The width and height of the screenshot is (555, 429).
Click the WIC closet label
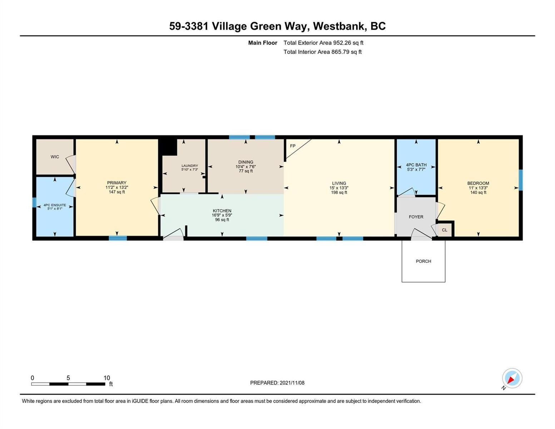click(x=55, y=157)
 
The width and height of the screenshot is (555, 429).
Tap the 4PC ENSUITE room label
click(x=55, y=205)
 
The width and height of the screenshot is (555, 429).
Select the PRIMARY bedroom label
click(x=117, y=183)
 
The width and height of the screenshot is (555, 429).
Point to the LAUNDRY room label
click(x=190, y=166)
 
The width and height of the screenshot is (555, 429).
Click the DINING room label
click(x=246, y=162)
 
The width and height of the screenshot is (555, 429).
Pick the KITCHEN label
click(x=222, y=211)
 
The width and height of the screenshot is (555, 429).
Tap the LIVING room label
click(x=339, y=183)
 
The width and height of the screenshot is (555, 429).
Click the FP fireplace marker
click(x=293, y=146)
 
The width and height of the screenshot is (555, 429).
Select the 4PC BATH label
click(x=416, y=165)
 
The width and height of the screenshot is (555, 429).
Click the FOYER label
click(x=416, y=217)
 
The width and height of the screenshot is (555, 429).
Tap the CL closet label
click(x=445, y=230)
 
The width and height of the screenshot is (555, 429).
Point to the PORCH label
click(x=423, y=261)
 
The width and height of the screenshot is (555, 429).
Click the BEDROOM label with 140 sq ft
click(x=478, y=183)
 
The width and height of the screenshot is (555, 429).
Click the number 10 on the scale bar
click(x=107, y=378)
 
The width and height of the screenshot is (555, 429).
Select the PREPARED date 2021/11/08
click(x=292, y=383)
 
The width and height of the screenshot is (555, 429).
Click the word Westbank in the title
click(x=339, y=26)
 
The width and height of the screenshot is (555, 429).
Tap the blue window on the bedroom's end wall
click(x=521, y=180)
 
